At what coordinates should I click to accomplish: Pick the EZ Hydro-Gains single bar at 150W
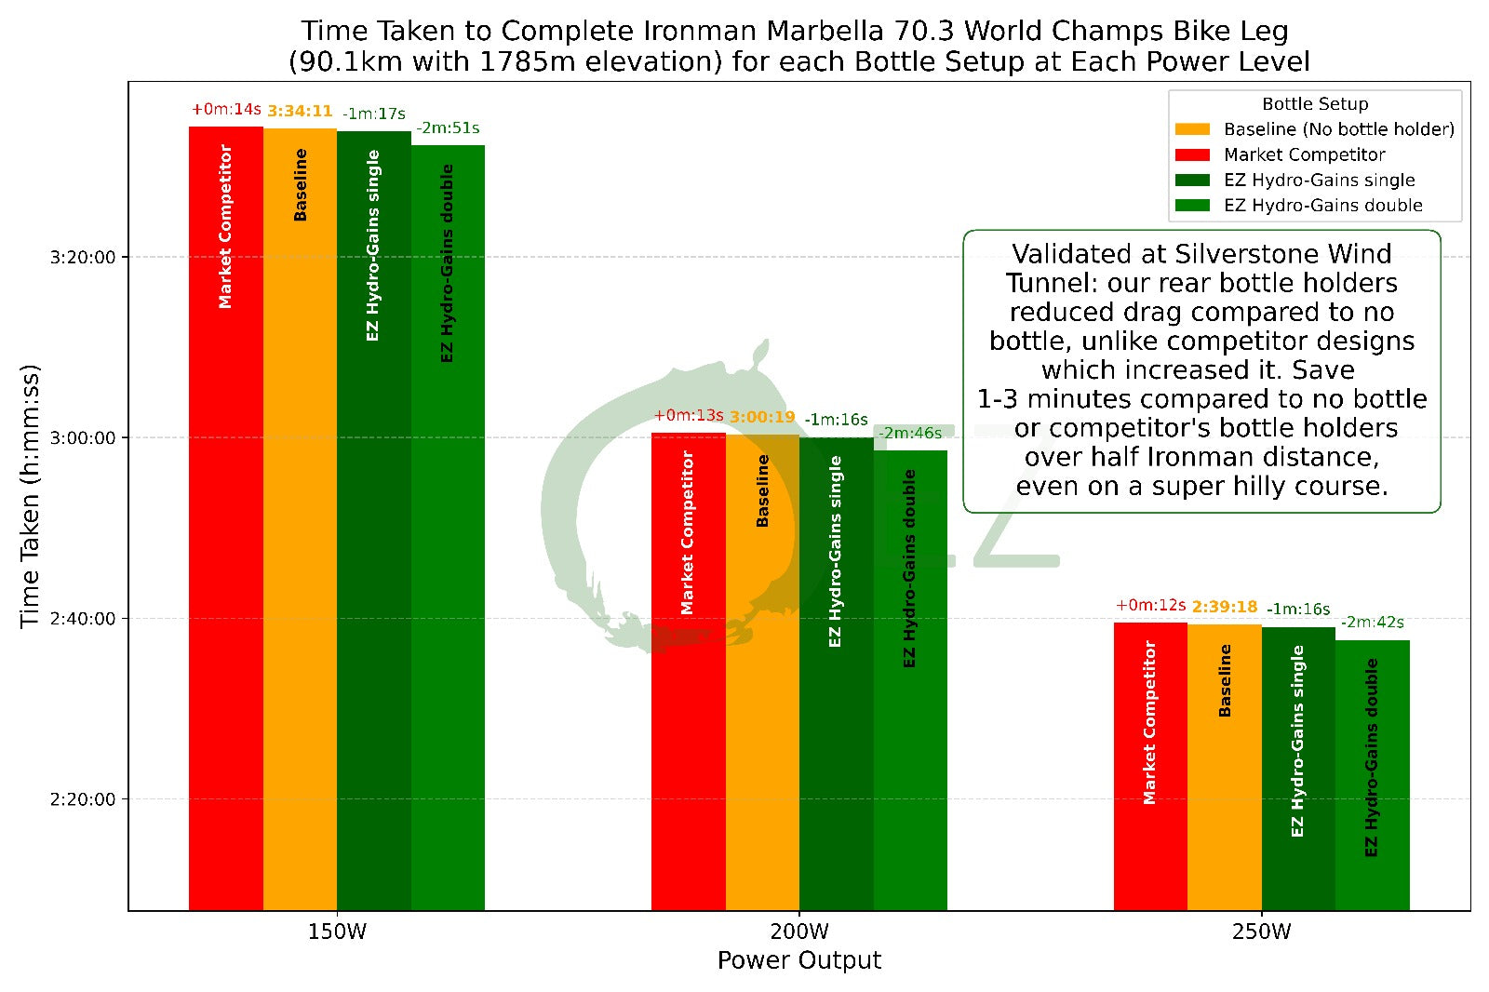[373, 520]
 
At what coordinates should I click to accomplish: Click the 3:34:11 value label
[300, 112]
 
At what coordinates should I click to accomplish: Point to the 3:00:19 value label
[762, 418]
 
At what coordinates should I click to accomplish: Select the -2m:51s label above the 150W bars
[448, 128]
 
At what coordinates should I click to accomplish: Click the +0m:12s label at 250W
[1150, 606]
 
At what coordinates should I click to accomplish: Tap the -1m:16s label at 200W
[836, 420]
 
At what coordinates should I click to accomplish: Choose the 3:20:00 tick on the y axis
[83, 258]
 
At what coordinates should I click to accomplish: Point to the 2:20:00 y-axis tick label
[83, 799]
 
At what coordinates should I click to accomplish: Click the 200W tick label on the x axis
[799, 932]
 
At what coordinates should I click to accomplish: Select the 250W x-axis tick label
[1261, 932]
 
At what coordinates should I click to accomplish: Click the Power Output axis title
[799, 960]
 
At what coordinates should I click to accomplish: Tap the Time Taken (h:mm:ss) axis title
[30, 496]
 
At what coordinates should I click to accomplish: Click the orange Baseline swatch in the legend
[1192, 129]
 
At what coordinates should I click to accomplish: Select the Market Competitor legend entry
[1304, 154]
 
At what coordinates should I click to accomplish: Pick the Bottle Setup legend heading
[1315, 104]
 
